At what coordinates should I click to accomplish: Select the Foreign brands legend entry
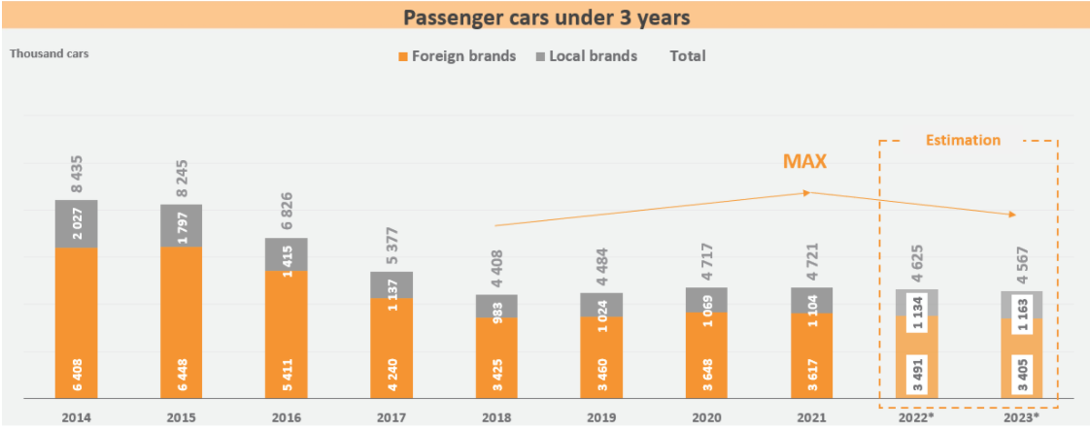tap(456, 56)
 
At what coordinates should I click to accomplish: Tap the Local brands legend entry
tap(586, 56)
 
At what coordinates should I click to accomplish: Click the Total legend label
tap(688, 56)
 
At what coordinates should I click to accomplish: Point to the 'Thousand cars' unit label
tap(49, 53)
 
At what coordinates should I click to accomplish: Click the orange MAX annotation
tap(804, 162)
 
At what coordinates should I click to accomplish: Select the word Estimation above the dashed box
tap(962, 140)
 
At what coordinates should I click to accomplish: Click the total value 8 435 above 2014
tap(77, 172)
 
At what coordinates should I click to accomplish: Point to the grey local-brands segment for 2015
tap(182, 225)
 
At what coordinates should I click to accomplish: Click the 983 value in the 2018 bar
tap(496, 306)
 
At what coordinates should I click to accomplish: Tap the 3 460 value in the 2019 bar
tap(601, 374)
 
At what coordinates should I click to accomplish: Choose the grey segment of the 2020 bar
tap(706, 300)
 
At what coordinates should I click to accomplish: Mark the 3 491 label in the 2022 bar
tap(916, 375)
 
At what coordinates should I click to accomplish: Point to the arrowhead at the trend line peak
tap(807, 192)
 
